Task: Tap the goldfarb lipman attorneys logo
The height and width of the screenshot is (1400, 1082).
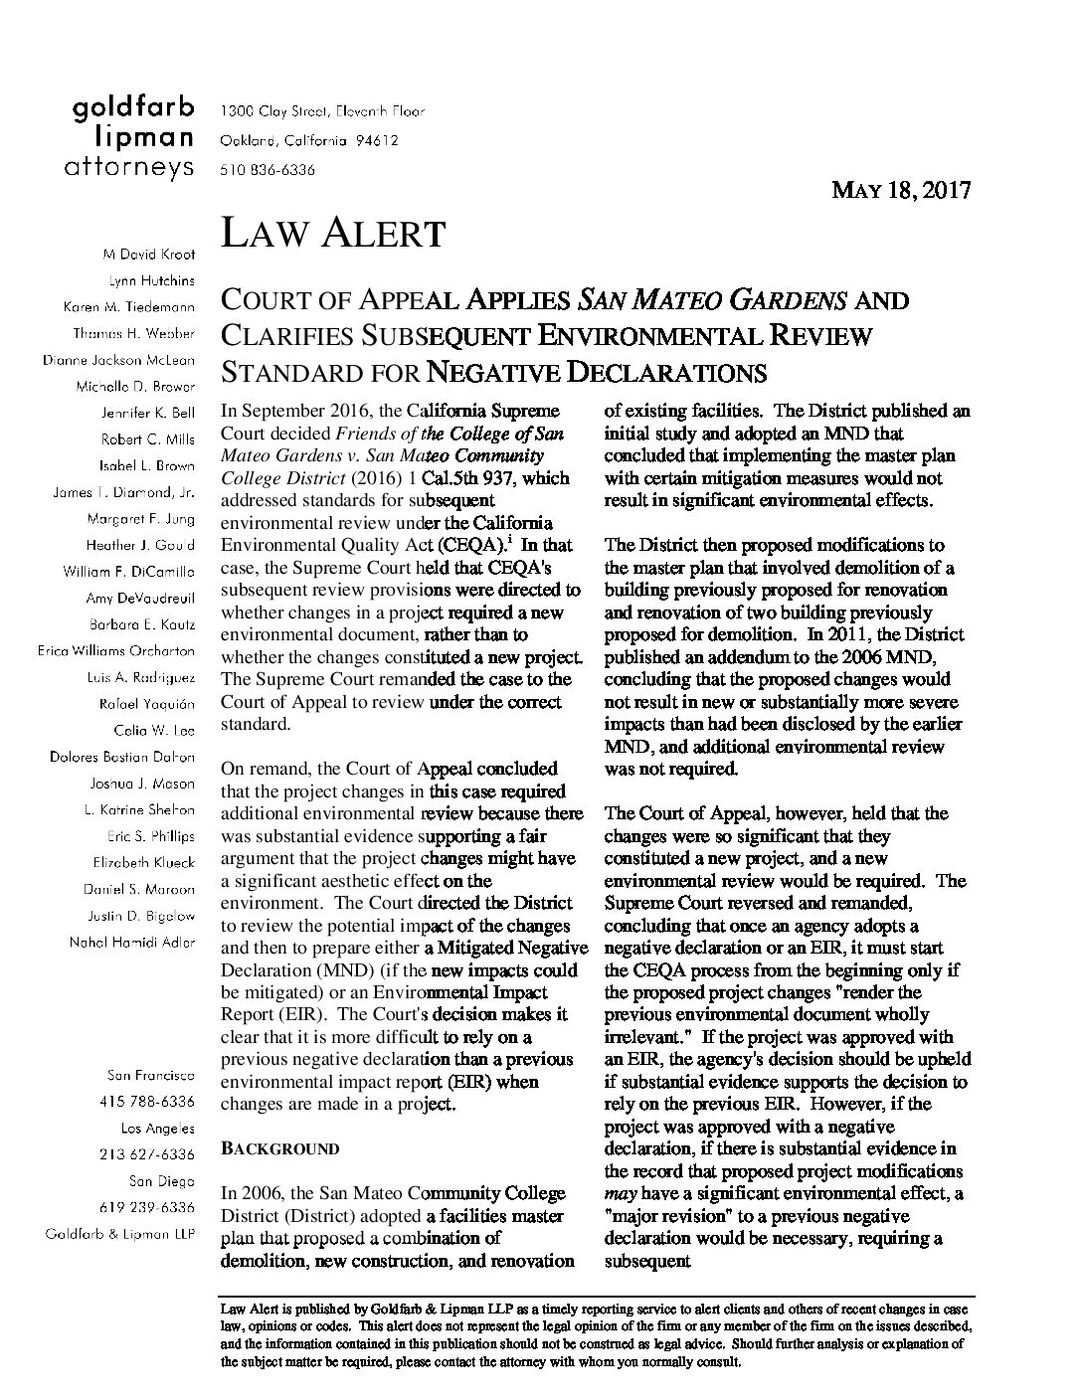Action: pyautogui.click(x=129, y=140)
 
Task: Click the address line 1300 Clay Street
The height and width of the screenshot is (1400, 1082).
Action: pyautogui.click(x=321, y=110)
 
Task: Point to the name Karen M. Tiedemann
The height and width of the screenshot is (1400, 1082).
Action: pyautogui.click(x=129, y=307)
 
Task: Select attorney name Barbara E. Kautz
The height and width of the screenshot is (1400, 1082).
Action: pyautogui.click(x=141, y=624)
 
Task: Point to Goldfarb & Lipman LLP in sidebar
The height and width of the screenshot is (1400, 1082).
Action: pyautogui.click(x=119, y=1234)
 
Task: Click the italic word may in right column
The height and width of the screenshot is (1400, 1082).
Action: pyautogui.click(x=622, y=1193)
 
